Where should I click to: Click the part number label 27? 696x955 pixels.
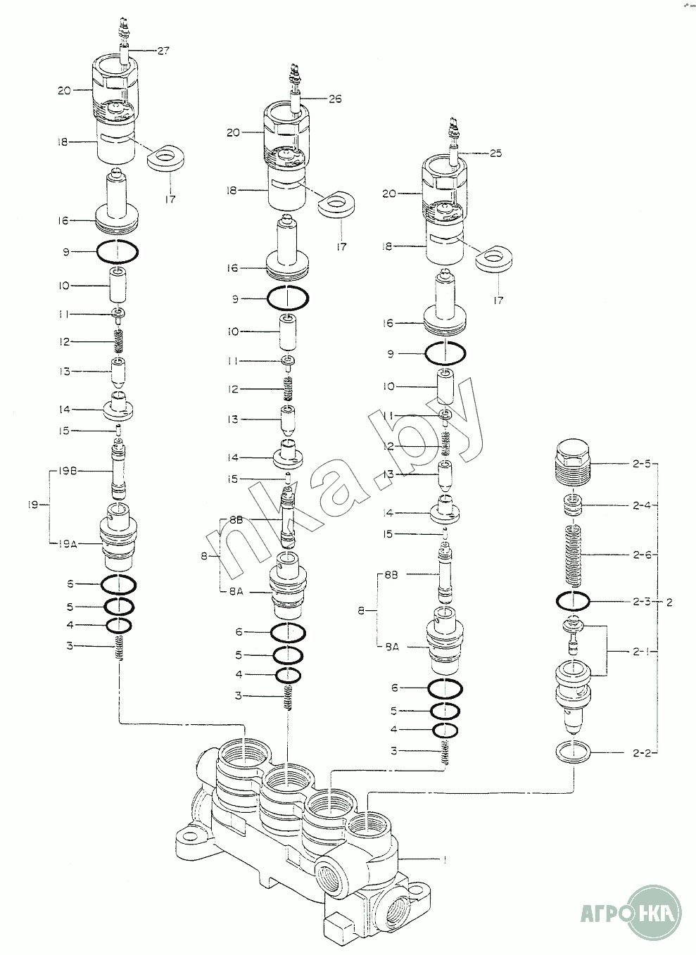(163, 51)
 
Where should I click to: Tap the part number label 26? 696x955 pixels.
(334, 99)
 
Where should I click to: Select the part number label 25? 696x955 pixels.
(495, 153)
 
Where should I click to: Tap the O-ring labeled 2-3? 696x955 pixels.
(572, 601)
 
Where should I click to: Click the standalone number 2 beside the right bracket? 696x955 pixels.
(669, 602)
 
